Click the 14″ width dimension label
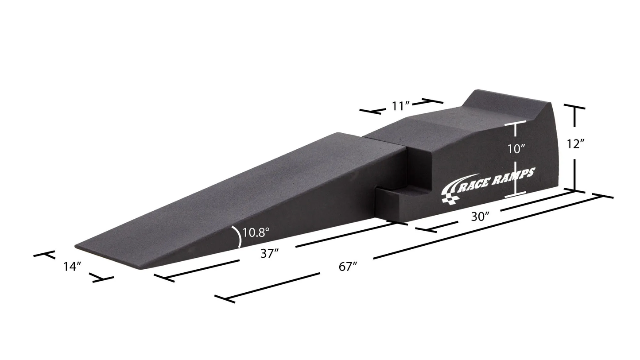pyautogui.click(x=72, y=267)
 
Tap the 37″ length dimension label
pyautogui.click(x=269, y=254)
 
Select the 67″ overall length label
pyautogui.click(x=348, y=267)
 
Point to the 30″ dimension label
pyautogui.click(x=480, y=217)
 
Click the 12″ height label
pyautogui.click(x=575, y=143)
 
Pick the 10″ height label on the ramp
pyautogui.click(x=516, y=149)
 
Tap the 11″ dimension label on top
pyautogui.click(x=400, y=106)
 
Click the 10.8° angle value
pyautogui.click(x=256, y=232)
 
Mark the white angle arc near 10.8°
pyautogui.click(x=238, y=236)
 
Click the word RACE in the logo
pyautogui.click(x=476, y=183)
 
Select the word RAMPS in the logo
pyautogui.click(x=516, y=175)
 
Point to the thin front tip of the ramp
pyautogui.click(x=80, y=246)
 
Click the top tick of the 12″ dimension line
pyautogui.click(x=574, y=107)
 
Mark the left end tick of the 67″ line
pyautogui.click(x=225, y=299)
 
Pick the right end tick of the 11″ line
pyautogui.click(x=432, y=101)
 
